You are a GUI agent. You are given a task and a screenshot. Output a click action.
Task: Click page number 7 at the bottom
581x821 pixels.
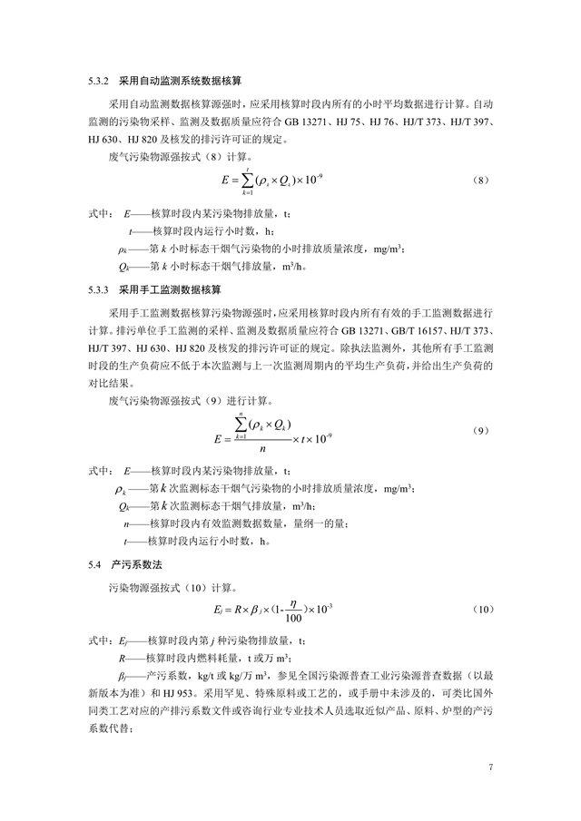pyautogui.click(x=491, y=767)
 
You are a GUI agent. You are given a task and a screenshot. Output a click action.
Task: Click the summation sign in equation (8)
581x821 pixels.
pyautogui.click(x=246, y=180)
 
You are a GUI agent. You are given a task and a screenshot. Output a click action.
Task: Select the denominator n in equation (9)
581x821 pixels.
pyautogui.click(x=261, y=447)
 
